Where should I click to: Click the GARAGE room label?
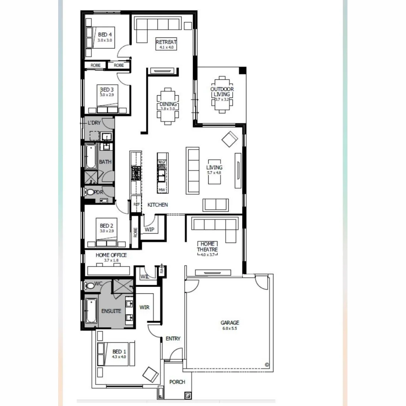point(230,323)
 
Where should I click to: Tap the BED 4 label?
point(105,35)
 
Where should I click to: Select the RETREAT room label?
point(166,42)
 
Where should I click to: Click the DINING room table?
point(168,106)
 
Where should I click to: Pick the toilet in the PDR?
point(89,192)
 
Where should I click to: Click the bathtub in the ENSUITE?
point(91,311)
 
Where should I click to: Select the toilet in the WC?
point(89,285)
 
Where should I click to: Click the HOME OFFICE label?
point(111,255)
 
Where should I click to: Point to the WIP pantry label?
point(149,230)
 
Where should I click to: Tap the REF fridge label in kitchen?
point(136,204)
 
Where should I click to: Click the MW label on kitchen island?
point(162,190)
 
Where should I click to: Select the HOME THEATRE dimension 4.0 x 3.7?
point(208,255)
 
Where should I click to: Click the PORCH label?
point(177,382)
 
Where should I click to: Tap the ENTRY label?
point(173,339)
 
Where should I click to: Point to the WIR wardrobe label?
point(144,307)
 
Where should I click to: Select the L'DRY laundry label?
point(94,123)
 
